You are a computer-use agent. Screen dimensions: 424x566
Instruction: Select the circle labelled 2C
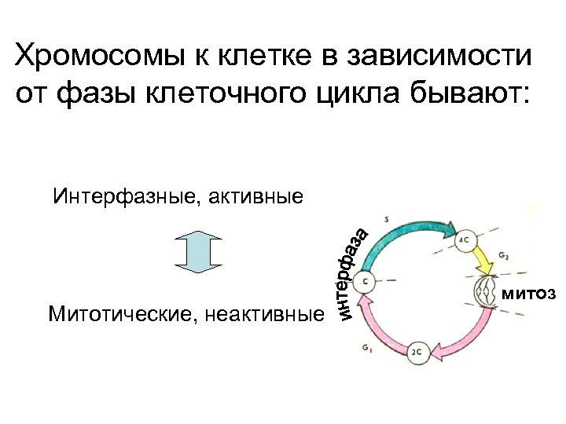click(417, 351)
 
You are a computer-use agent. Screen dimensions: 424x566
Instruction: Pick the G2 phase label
click(504, 257)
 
